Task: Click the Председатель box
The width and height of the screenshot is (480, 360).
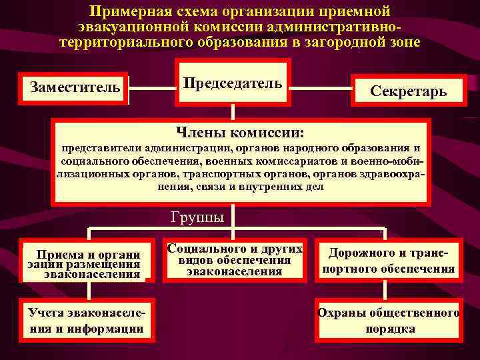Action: coord(233,83)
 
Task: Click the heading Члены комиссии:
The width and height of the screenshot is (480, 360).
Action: coord(239,133)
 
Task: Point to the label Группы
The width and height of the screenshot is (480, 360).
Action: coord(197,217)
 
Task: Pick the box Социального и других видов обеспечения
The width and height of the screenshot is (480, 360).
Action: coord(235,260)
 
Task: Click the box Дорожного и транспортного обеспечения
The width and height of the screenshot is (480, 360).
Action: coord(389,261)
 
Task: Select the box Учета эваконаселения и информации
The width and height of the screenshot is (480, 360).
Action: coord(88,320)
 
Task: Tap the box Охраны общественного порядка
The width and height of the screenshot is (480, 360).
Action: coord(389,320)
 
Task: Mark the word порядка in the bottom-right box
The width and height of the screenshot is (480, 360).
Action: coord(390,329)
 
